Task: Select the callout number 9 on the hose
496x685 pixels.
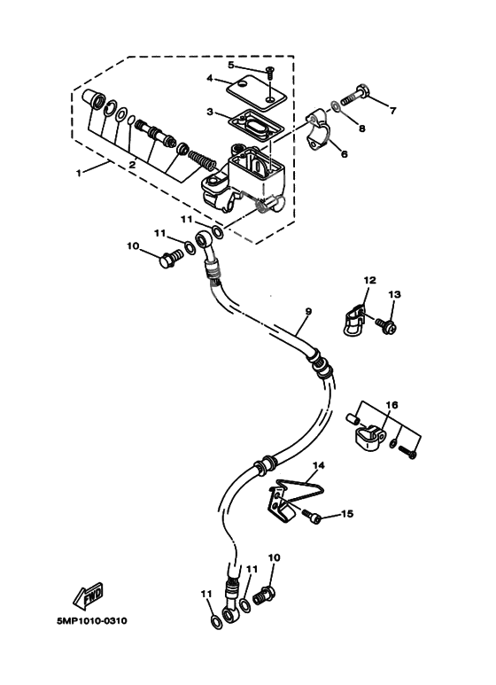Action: point(308,312)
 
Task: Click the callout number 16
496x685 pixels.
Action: point(391,404)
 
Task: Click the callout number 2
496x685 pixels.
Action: point(132,163)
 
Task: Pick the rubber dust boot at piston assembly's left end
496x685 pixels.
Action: point(93,101)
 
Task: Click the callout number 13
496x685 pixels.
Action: point(394,294)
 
